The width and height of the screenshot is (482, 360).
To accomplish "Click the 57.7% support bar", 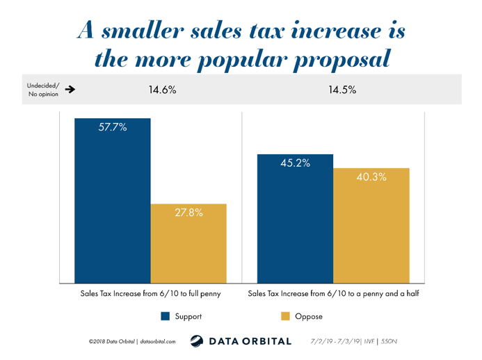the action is pos(113,201).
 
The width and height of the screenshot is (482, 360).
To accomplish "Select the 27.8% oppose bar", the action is pos(188,243).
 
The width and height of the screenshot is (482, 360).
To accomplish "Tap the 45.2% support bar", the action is pos(295,219).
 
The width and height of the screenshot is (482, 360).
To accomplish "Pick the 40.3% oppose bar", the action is pos(371,225).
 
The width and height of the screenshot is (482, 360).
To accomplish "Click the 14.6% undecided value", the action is pos(162,90).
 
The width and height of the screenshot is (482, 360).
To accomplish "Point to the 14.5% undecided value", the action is pos(342,90).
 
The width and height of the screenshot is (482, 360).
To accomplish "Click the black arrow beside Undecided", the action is pos(70,90).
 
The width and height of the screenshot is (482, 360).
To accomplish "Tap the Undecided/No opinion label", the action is pos(43,90).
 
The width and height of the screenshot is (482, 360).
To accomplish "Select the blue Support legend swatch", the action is pos(165,316).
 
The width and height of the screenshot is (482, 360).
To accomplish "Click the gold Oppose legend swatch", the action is pos(285,316).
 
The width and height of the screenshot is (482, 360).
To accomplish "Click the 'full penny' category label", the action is pos(151,294).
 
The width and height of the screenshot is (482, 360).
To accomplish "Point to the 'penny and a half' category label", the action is pos(334,294).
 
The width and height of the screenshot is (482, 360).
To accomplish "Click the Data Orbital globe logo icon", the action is pos(197,341).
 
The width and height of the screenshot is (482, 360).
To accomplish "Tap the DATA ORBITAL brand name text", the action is pos(250,341).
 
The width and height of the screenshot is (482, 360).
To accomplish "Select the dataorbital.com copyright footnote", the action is pos(132,341).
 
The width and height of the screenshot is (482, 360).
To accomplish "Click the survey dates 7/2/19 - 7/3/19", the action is pos(335,341).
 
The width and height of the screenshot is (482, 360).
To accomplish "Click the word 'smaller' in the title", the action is pos(143,31).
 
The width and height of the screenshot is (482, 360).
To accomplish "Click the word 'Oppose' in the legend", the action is pos(309,317).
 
